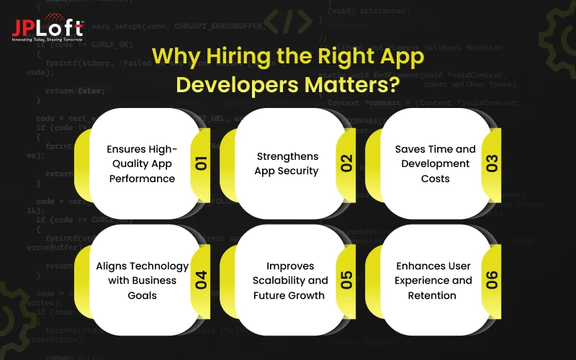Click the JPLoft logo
(x=48, y=27)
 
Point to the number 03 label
(x=492, y=163)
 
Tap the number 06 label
(x=492, y=280)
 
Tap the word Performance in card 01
(x=142, y=179)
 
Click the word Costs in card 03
(x=436, y=179)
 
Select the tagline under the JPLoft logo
(x=48, y=39)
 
